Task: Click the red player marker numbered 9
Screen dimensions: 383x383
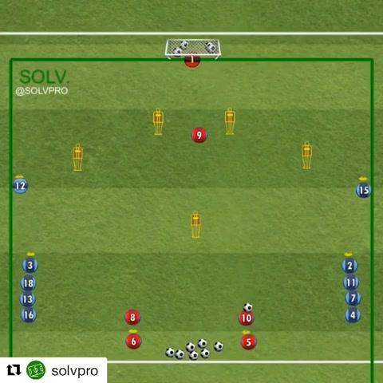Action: [x=199, y=135]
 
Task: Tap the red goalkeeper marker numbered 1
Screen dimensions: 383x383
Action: [x=192, y=61]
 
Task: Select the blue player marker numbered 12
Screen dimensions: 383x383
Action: [x=21, y=186]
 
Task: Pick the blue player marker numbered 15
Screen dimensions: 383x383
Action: [x=363, y=190]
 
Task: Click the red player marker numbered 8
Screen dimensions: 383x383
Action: [x=132, y=317]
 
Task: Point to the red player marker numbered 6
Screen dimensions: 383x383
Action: [x=133, y=342]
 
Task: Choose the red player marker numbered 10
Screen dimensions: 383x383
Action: [x=247, y=318]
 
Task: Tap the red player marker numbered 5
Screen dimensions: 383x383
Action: [x=248, y=342]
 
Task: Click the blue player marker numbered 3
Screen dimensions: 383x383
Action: [x=30, y=265]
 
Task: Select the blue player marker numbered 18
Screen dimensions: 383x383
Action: [x=29, y=283]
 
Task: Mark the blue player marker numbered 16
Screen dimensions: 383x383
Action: [x=29, y=315]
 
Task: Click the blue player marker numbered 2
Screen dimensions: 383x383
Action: [x=349, y=266]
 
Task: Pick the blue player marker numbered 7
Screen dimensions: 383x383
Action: [x=353, y=298]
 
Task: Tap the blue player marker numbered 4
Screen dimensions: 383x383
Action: [x=353, y=315]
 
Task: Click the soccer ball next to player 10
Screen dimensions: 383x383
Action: [x=247, y=307]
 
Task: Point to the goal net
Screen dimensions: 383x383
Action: [x=193, y=48]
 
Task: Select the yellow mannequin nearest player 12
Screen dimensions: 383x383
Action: [x=77, y=157]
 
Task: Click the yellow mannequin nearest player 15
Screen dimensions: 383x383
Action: [x=306, y=156]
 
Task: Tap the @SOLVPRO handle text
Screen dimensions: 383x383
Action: [x=41, y=91]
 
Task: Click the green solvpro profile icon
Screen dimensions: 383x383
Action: [x=36, y=370]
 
